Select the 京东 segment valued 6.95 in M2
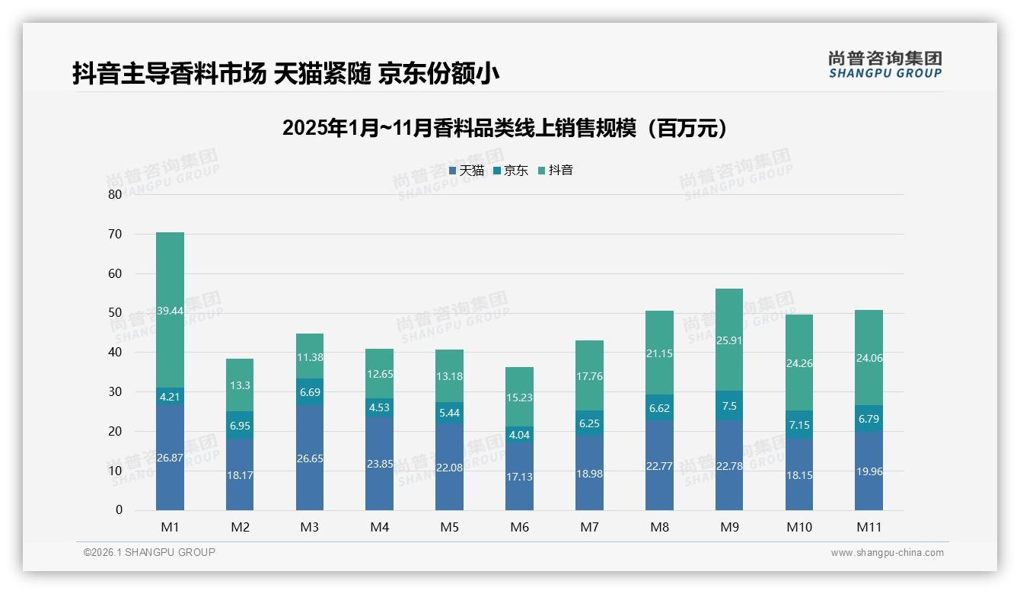240,424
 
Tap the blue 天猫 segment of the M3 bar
310,457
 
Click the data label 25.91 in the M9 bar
729,340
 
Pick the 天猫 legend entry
467,171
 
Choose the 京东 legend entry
511,171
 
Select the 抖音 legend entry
556,171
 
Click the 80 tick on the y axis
115,194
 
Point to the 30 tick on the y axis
115,391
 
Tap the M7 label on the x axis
589,527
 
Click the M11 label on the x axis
869,527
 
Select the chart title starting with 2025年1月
505,128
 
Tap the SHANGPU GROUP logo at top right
885,65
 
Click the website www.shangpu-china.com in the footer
887,553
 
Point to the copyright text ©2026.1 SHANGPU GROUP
149,552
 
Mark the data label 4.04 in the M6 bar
519,436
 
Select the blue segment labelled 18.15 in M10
799,474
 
